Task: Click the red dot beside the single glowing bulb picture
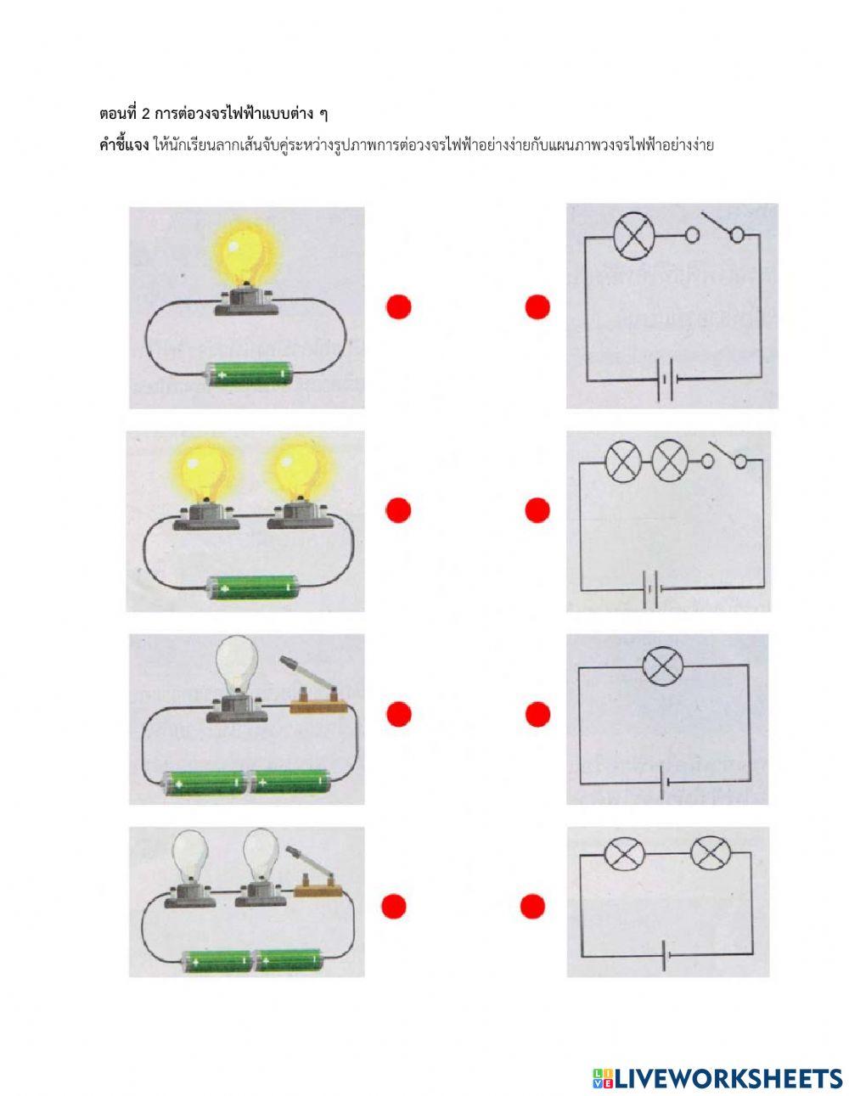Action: [399, 306]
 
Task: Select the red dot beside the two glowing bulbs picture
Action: [398, 510]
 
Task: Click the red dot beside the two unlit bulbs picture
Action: [394, 907]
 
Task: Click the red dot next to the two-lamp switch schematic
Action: [537, 510]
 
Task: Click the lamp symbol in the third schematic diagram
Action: [663, 666]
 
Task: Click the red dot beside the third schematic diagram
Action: [537, 714]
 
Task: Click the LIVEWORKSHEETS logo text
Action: [717, 1064]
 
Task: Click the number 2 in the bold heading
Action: [146, 115]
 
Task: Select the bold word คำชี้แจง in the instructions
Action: [124, 145]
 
